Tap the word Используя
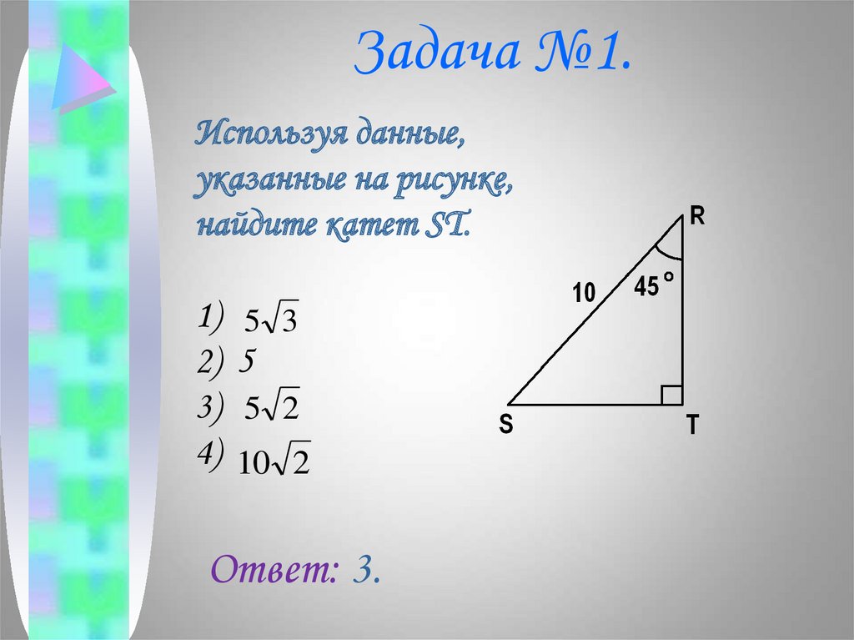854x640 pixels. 273,134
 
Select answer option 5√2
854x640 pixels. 272,408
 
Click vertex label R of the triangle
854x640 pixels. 697,218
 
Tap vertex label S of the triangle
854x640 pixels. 505,426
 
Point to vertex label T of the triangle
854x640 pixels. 692,427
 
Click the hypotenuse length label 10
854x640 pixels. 584,293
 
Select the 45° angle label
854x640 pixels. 652,287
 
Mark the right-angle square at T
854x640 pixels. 672,396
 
